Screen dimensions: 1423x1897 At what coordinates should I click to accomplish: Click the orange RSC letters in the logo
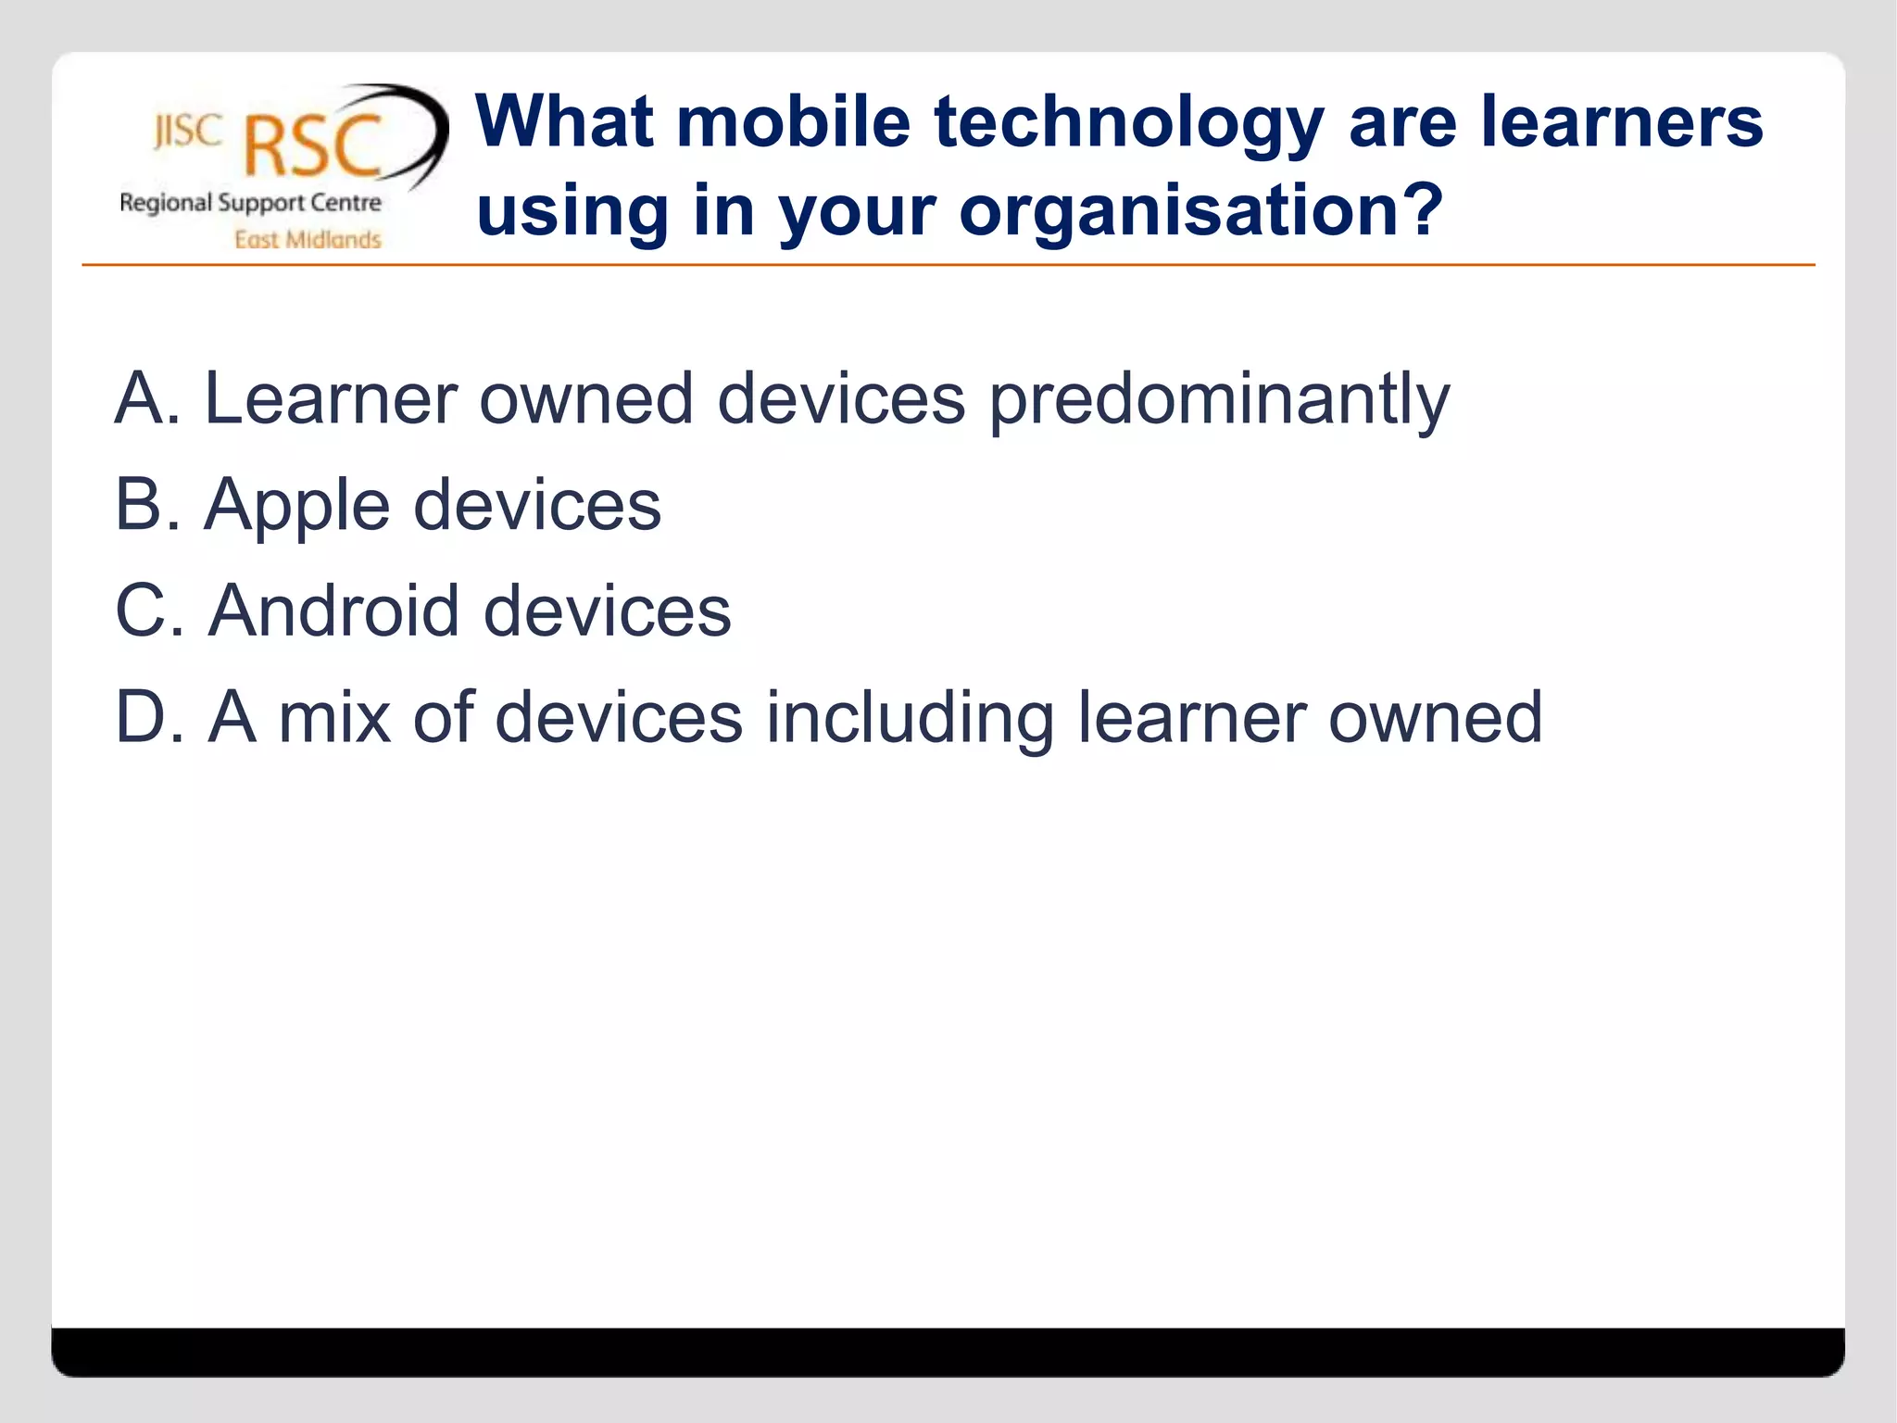313,145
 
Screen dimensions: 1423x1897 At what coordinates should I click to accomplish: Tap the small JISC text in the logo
188,132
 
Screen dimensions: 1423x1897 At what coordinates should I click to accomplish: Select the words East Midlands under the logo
308,240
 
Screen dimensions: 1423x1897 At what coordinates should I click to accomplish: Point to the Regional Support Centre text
250,203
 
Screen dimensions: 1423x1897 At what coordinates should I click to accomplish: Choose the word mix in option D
333,717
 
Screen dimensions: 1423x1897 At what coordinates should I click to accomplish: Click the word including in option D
910,719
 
